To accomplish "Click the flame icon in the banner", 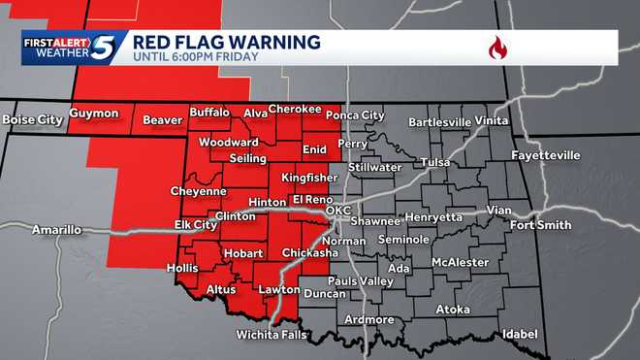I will click(497, 48).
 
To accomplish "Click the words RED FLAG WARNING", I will click(225, 42).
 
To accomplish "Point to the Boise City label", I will click(33, 119).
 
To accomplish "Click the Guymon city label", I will click(94, 114).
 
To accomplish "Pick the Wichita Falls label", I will click(272, 336).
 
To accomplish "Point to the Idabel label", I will click(519, 334).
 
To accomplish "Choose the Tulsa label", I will click(435, 162).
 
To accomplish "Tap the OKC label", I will click(337, 211).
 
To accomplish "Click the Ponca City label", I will click(355, 115).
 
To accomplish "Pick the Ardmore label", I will click(368, 319).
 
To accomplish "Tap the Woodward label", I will click(229, 142).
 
